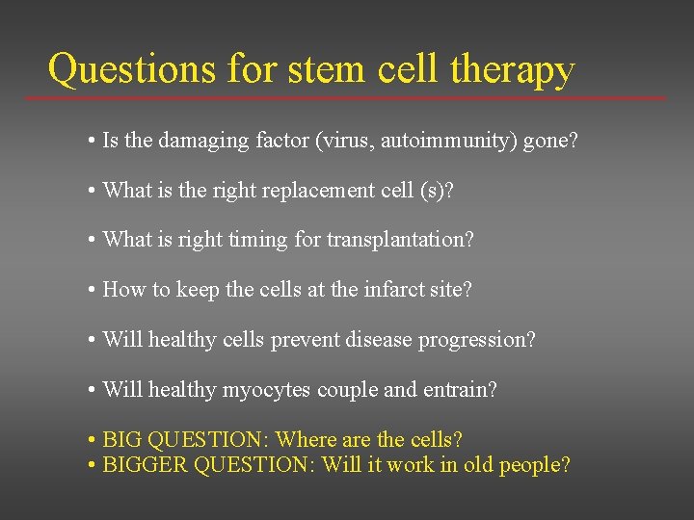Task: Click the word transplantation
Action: (399, 240)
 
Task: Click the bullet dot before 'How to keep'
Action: (89, 290)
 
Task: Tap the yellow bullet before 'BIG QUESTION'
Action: (89, 440)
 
